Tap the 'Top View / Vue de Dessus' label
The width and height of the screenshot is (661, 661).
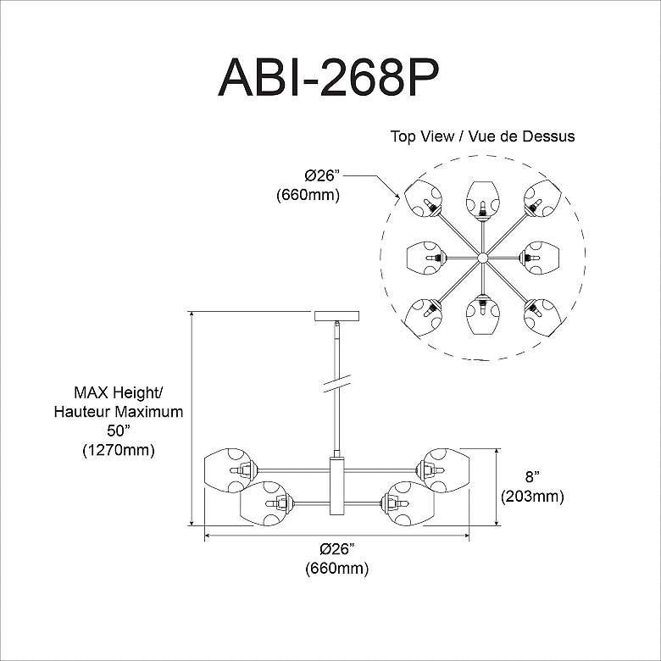(482, 136)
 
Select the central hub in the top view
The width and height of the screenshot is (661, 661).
(482, 257)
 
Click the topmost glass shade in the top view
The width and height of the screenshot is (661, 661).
(482, 196)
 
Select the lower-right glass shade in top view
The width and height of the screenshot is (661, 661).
(541, 315)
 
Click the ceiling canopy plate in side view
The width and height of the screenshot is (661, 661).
(337, 316)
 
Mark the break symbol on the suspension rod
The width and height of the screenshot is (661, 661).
(337, 384)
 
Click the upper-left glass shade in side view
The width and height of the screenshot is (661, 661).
(227, 469)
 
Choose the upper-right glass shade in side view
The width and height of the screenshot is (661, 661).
(446, 469)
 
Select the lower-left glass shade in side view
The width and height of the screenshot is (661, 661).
(264, 503)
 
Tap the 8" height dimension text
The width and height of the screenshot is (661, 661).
(531, 477)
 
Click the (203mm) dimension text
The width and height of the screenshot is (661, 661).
(531, 496)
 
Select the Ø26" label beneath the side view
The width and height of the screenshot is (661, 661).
(336, 550)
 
